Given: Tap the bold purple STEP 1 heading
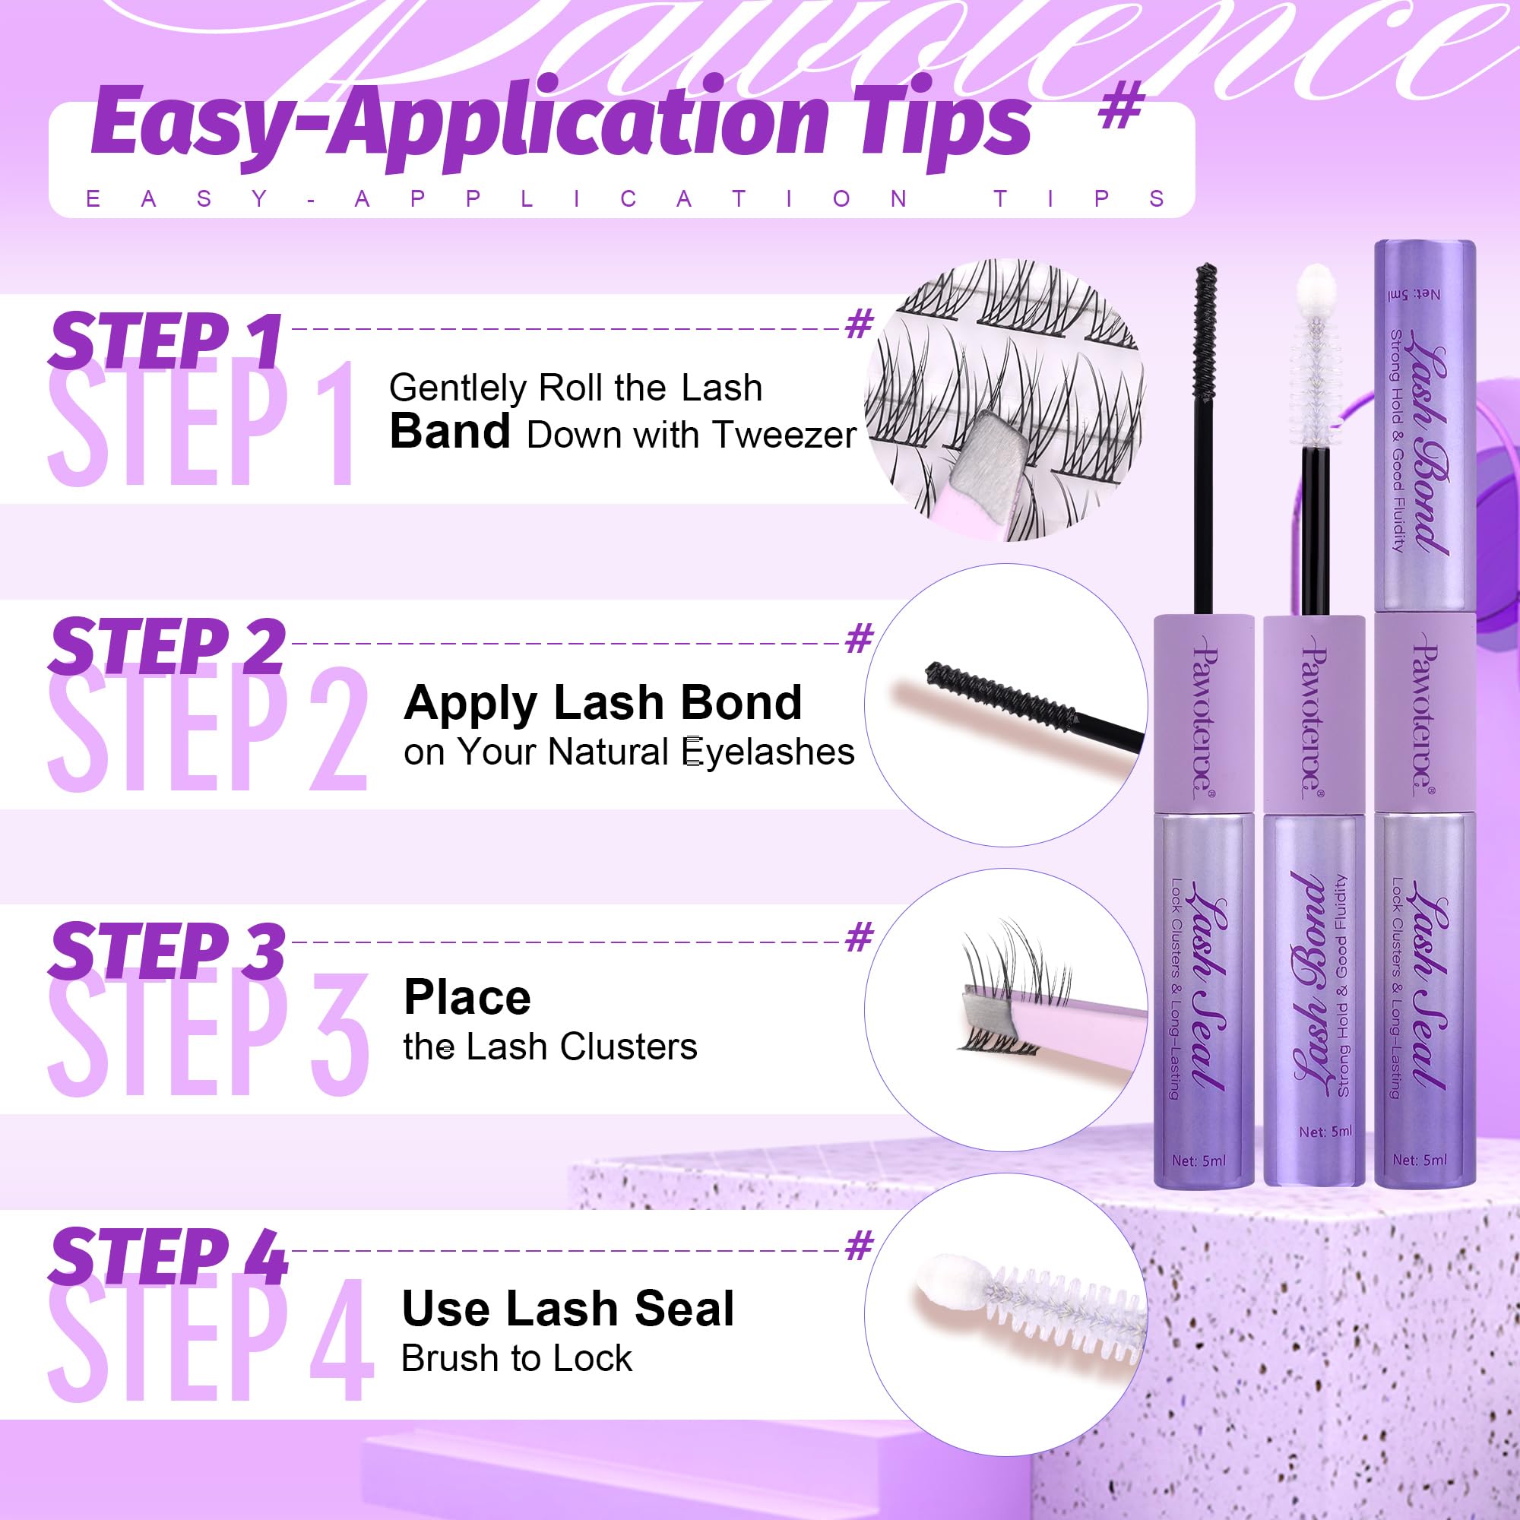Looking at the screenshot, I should (165, 340).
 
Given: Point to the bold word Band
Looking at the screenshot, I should (450, 432).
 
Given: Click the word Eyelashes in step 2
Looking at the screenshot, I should (768, 752).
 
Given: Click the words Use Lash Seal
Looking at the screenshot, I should (567, 1309).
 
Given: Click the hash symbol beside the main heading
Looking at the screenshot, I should (1120, 108).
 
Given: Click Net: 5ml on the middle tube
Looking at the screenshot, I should (1325, 1132).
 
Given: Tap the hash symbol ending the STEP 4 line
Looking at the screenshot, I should (860, 1246).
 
